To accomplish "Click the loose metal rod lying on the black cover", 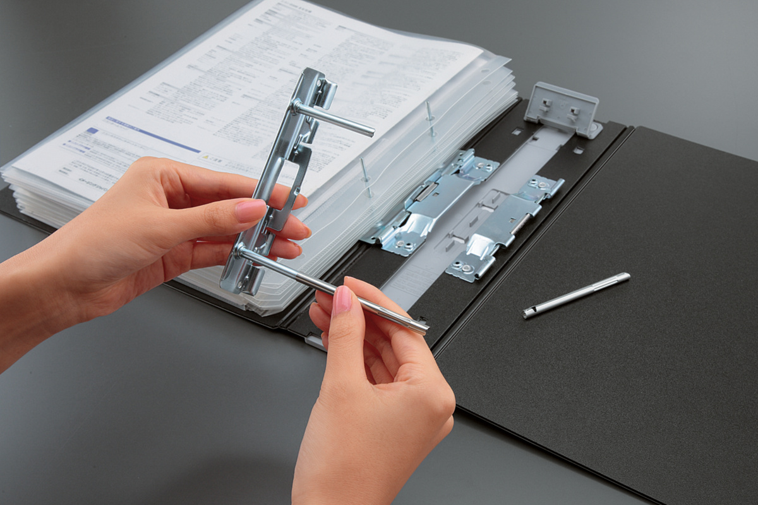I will tap(576, 294).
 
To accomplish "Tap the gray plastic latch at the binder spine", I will tap(562, 109).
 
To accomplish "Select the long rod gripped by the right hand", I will tap(328, 287).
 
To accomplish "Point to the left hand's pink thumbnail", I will tap(251, 210).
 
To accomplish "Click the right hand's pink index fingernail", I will tap(342, 299).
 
